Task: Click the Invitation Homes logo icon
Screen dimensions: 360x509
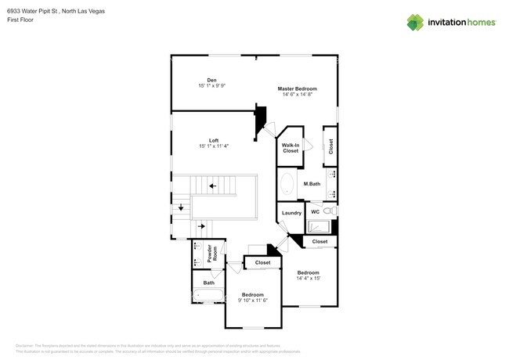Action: pos(415,22)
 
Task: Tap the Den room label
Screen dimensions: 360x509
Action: pos(211,79)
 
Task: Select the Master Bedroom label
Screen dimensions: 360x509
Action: pos(297,89)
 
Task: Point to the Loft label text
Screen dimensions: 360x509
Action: pos(213,141)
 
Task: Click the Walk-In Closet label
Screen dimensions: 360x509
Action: pos(291,147)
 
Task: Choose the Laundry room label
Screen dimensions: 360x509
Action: pos(291,212)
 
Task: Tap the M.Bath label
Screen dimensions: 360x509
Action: pos(312,184)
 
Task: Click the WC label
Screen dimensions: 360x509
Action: pos(315,211)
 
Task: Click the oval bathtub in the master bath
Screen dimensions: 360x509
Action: pos(287,185)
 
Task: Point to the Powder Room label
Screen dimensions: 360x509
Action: pos(211,254)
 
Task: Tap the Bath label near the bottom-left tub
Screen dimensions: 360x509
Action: pos(208,283)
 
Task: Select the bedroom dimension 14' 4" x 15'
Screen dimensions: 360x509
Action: pos(308,278)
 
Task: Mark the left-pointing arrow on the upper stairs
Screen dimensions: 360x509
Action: pos(212,186)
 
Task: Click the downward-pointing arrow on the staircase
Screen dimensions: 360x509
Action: pos(181,207)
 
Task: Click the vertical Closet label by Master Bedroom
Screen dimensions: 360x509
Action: pos(330,146)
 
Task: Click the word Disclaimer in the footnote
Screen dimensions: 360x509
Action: pos(26,345)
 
